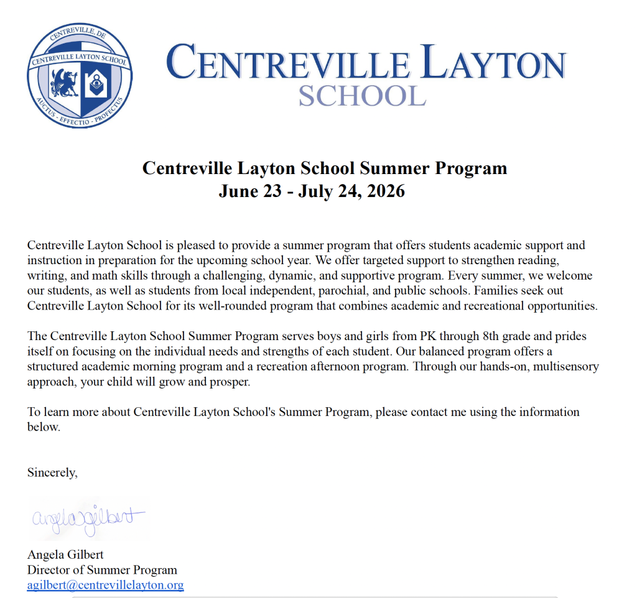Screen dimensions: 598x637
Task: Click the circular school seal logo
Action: (80, 75)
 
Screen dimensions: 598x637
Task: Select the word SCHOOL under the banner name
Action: (362, 95)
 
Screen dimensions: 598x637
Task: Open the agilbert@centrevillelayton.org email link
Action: (105, 585)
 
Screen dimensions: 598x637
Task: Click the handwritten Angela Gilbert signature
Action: (87, 517)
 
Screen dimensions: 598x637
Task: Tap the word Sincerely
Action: (52, 472)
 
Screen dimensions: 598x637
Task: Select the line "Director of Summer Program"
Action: (102, 570)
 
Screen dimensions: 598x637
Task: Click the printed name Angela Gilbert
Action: (65, 554)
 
